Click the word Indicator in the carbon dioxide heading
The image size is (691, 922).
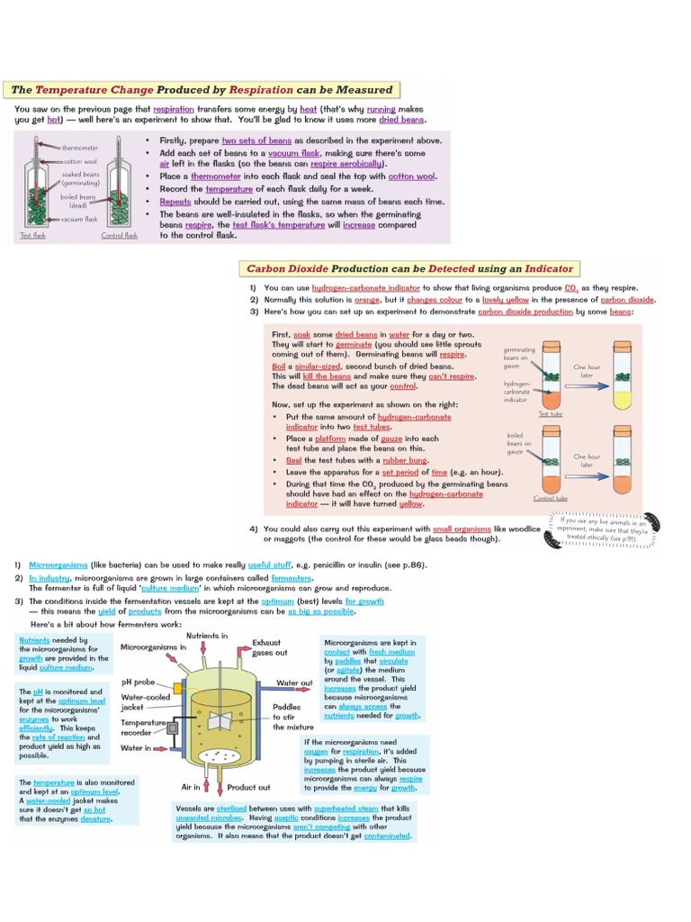(539, 268)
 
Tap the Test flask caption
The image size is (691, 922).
(31, 236)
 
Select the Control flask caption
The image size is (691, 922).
(119, 236)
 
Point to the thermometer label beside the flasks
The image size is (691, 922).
(80, 147)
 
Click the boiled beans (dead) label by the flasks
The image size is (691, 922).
(78, 200)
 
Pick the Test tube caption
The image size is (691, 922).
(551, 414)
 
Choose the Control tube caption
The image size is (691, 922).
(550, 498)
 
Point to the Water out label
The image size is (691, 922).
(294, 683)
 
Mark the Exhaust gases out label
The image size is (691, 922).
(270, 647)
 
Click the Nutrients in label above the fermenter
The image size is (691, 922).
(207, 636)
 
